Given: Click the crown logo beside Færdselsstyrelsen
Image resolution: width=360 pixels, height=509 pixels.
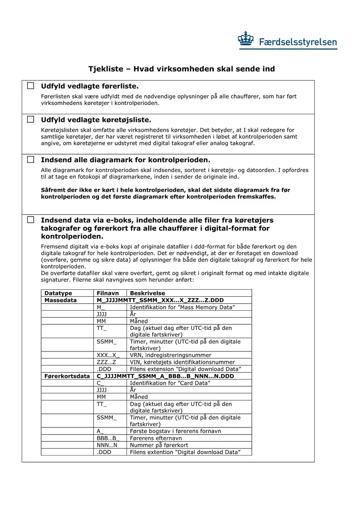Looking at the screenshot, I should pyautogui.click(x=246, y=40).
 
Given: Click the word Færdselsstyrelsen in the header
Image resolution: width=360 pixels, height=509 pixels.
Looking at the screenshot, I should pyautogui.click(x=298, y=42).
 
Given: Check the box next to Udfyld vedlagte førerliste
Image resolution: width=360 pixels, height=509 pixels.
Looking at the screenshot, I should pyautogui.click(x=30, y=86).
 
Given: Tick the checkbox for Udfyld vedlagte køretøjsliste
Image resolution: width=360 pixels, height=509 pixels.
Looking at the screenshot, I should pyautogui.click(x=30, y=120).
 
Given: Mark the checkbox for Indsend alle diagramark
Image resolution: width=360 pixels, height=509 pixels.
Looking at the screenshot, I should pyautogui.click(x=30, y=159).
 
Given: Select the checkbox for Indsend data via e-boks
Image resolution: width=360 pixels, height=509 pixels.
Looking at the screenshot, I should pyautogui.click(x=30, y=220).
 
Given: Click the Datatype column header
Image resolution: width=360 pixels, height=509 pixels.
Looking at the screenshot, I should pyautogui.click(x=58, y=293).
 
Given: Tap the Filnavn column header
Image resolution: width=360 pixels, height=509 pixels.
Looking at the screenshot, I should pyautogui.click(x=108, y=293).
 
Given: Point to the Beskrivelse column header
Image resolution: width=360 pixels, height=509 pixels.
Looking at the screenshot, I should pyautogui.click(x=147, y=293).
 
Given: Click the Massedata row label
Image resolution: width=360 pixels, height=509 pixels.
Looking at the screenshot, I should pyautogui.click(x=60, y=300).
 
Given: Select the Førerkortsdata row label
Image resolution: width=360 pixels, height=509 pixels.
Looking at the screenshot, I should pyautogui.click(x=67, y=376).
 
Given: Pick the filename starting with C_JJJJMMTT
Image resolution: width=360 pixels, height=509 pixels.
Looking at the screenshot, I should pyautogui.click(x=158, y=376).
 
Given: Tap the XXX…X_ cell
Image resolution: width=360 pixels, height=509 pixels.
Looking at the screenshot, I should pyautogui.click(x=108, y=355).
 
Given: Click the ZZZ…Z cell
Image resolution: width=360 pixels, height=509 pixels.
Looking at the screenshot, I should pyautogui.click(x=106, y=362).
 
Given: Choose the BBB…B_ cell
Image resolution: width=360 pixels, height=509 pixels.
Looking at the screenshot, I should pyautogui.click(x=108, y=438).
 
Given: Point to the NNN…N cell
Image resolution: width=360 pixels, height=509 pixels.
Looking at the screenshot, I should pyautogui.click(x=107, y=445).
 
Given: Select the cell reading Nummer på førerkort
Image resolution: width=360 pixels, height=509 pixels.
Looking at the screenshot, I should pyautogui.click(x=159, y=445).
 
